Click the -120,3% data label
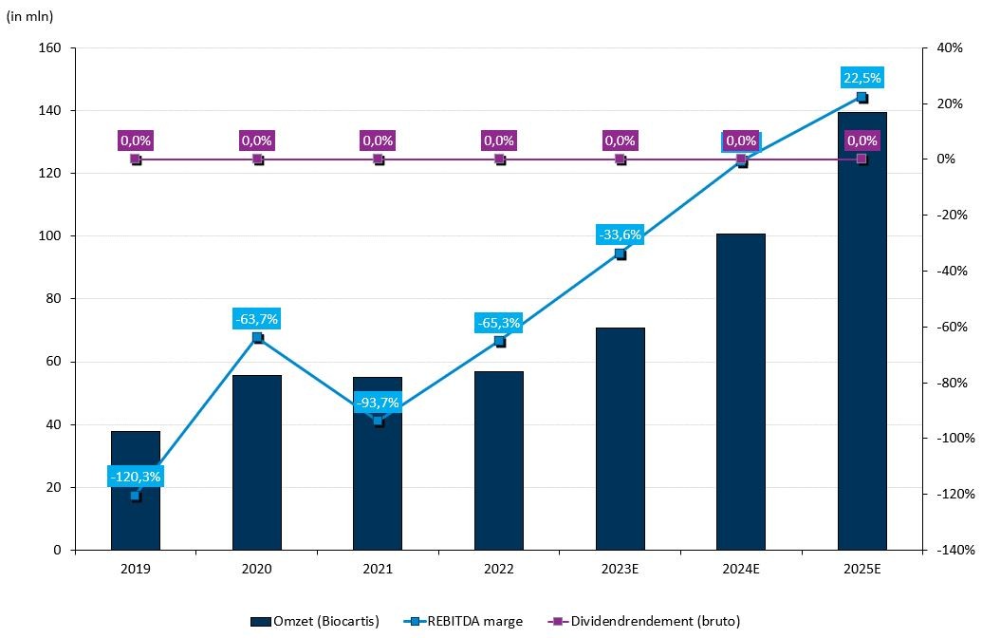(136, 477)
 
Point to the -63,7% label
(257, 319)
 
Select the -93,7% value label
(378, 403)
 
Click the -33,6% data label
(621, 235)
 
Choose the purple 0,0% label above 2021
(378, 141)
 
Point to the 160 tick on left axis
(49, 47)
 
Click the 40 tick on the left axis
(52, 424)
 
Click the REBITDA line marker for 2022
(499, 341)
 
